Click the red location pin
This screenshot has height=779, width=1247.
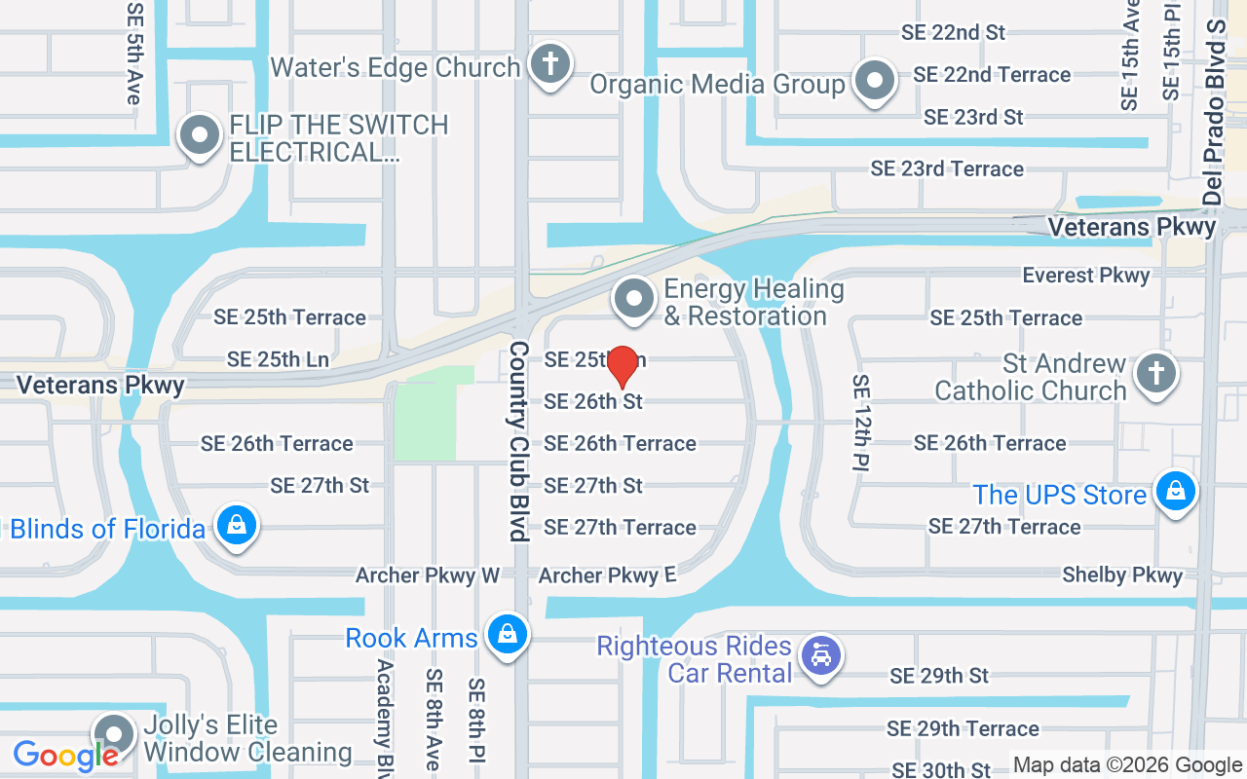[623, 366]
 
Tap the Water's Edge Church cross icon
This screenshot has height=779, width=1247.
[549, 64]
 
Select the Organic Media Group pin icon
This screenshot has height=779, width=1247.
[874, 81]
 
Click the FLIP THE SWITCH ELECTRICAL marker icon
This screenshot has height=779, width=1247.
[200, 135]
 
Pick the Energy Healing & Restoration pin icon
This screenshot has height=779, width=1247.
[635, 299]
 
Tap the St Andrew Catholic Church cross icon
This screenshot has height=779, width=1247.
[1156, 373]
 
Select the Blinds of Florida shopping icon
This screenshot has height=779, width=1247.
[236, 526]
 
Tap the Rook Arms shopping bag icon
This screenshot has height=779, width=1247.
[506, 635]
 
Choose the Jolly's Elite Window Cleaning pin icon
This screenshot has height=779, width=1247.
[114, 734]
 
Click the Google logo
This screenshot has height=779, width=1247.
[65, 755]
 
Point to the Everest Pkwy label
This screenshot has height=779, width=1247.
[1085, 276]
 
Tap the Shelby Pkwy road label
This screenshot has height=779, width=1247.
[1122, 575]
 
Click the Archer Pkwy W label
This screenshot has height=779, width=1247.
[428, 575]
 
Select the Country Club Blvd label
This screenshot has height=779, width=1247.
[518, 440]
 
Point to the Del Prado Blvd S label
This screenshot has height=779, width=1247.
[1214, 112]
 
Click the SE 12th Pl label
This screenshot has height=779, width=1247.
[861, 422]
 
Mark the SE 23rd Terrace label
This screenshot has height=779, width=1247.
[947, 168]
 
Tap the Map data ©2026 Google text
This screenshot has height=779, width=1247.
[1127, 765]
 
